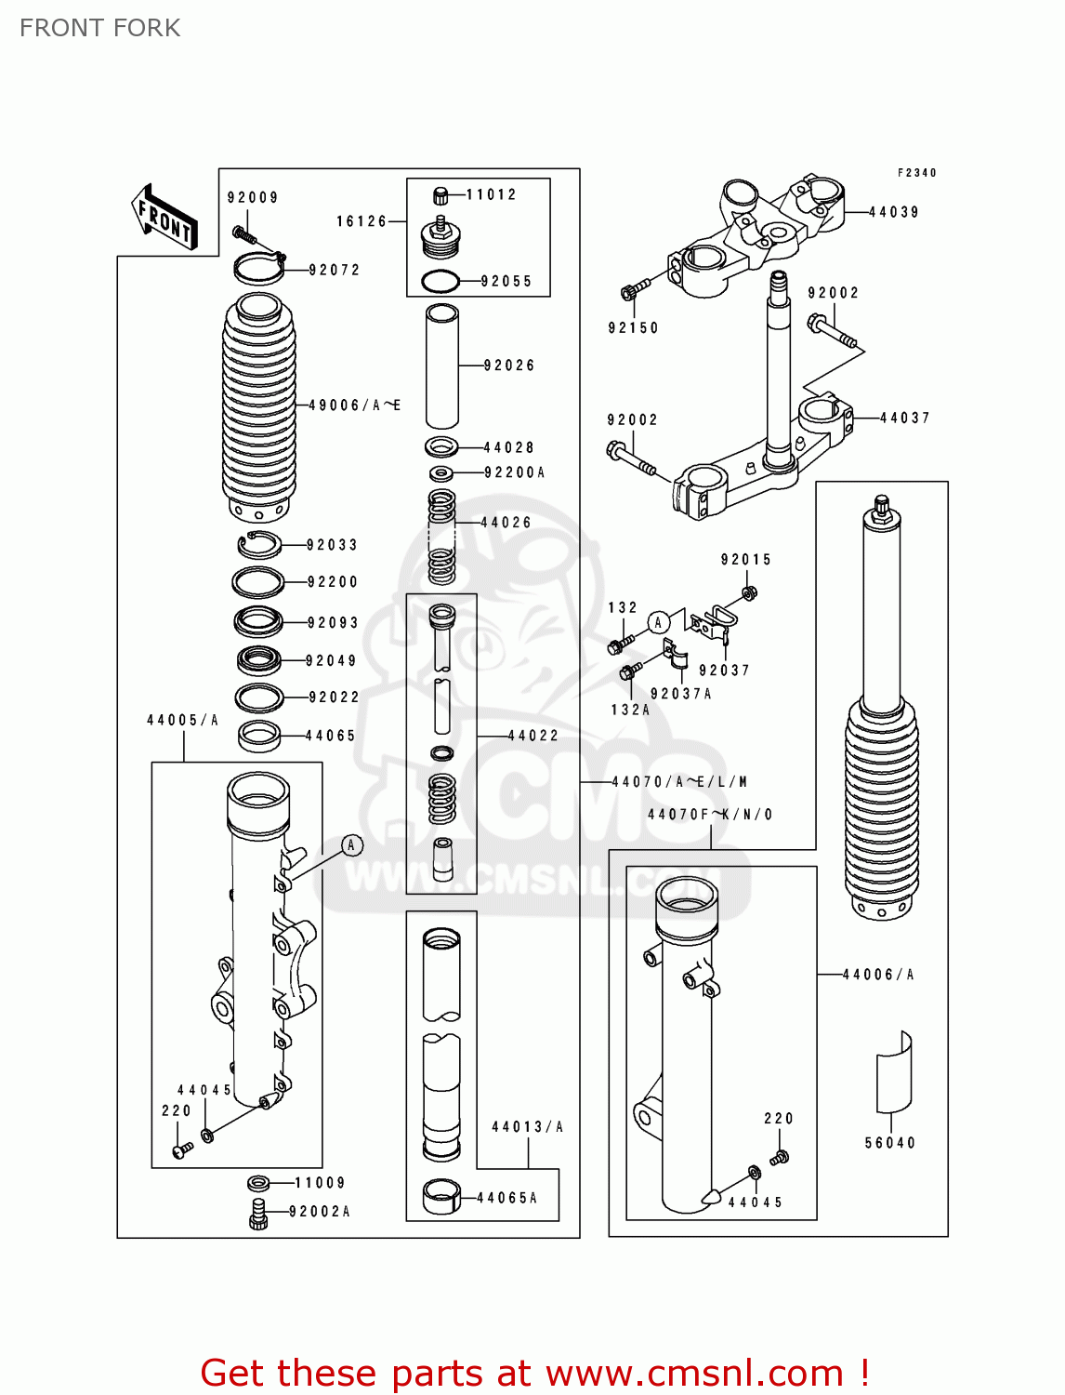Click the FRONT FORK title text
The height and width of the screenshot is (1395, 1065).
click(99, 28)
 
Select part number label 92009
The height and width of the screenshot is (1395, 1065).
click(253, 197)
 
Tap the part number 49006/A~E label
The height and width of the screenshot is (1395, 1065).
click(354, 405)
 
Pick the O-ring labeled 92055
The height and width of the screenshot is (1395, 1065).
click(440, 281)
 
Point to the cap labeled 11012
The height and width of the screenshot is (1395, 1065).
click(441, 195)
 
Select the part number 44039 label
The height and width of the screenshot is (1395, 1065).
click(893, 212)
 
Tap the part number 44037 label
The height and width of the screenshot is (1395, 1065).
click(904, 418)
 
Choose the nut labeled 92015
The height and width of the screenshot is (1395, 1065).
click(750, 592)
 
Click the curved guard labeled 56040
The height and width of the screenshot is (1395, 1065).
click(894, 1072)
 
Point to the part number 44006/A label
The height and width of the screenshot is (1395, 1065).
click(877, 975)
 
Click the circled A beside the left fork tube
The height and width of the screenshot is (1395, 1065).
click(351, 845)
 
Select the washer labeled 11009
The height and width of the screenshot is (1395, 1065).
click(258, 1183)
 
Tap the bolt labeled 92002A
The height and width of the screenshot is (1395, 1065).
click(258, 1214)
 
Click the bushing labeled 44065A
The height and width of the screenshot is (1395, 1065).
click(441, 1197)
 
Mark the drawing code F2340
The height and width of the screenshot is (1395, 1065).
click(916, 173)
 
